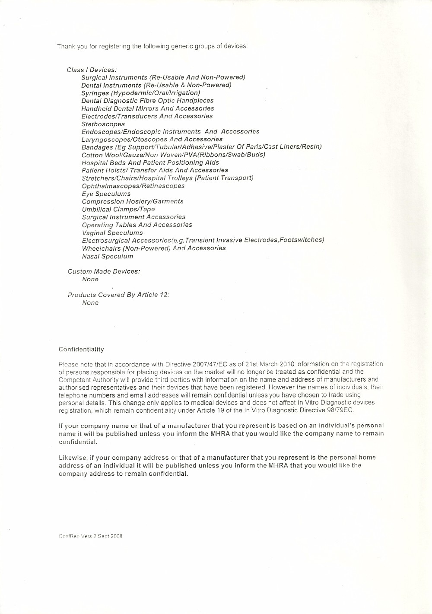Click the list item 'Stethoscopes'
[x=103, y=124]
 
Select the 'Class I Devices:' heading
[x=92, y=70]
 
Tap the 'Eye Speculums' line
[x=106, y=194]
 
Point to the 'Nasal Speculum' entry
[x=107, y=256]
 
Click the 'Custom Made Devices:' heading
[x=104, y=271]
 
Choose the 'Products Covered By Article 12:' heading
[x=118, y=295]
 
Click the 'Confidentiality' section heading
[x=81, y=349]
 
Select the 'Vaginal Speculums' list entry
[x=112, y=232]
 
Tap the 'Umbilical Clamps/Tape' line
[x=118, y=209]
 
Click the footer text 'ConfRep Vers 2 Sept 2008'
[x=91, y=536]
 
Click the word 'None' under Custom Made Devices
[x=90, y=279]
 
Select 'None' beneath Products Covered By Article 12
[x=90, y=302]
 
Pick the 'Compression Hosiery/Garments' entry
[x=132, y=201]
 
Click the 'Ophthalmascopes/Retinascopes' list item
[x=133, y=186]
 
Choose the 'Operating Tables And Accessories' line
[x=137, y=225]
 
